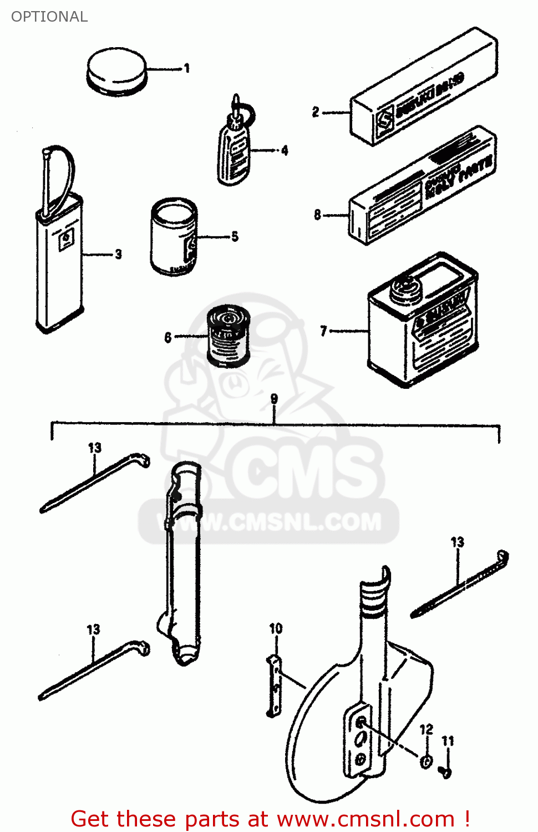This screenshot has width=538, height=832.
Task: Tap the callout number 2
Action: (x=316, y=112)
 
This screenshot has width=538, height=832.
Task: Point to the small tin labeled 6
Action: (x=228, y=336)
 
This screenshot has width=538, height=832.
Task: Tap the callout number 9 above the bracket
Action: (x=274, y=399)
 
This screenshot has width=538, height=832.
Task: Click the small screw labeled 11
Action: (x=445, y=771)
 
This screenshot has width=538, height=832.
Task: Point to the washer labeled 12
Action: (x=426, y=762)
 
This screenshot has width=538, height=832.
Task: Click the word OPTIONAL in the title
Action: (x=49, y=17)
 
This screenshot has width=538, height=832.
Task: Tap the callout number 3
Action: (x=118, y=254)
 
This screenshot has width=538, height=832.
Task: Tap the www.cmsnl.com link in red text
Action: (x=366, y=819)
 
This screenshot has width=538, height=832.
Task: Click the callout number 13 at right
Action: (x=457, y=542)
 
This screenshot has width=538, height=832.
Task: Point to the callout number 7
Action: (x=324, y=331)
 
